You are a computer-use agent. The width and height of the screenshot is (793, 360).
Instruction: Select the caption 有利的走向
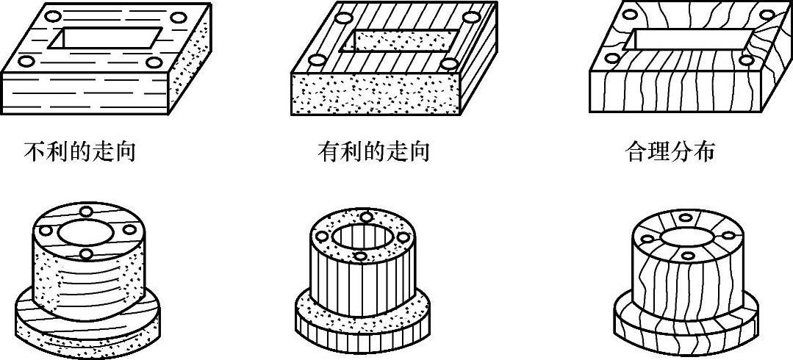point(373,152)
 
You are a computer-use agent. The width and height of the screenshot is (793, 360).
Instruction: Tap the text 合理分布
point(670,152)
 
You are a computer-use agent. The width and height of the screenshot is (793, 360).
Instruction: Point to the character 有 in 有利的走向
point(329,152)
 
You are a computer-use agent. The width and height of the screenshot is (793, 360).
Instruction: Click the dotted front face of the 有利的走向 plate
point(375,94)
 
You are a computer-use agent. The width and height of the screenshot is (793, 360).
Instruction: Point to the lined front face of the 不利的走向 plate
point(85,94)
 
